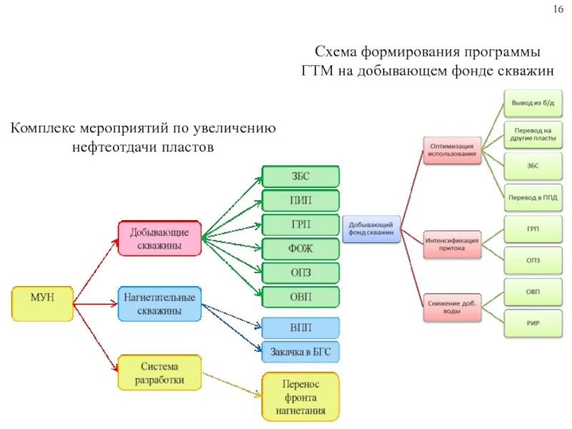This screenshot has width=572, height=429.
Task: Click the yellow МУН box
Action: (42, 303)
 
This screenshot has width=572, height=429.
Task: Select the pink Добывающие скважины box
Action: (159, 239)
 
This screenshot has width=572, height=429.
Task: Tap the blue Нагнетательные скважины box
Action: (159, 304)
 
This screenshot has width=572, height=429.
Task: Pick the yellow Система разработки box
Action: (159, 372)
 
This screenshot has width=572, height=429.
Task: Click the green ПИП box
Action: (301, 199)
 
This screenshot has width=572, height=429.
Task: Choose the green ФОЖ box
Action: (301, 248)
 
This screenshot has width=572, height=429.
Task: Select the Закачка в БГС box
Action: (301, 352)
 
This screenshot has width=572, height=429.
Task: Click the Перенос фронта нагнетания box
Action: (301, 395)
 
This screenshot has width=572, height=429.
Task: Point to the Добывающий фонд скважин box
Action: (371, 229)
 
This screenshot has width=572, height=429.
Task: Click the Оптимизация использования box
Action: (452, 150)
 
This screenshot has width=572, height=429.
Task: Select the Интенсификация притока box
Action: (452, 245)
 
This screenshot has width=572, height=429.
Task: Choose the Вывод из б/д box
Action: (532, 104)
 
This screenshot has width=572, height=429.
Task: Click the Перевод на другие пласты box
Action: (532, 135)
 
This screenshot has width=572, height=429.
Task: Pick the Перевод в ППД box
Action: (532, 196)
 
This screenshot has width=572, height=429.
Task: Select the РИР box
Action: (532, 323)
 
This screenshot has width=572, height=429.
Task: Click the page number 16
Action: (558, 9)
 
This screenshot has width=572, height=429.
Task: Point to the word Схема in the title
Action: (337, 53)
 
